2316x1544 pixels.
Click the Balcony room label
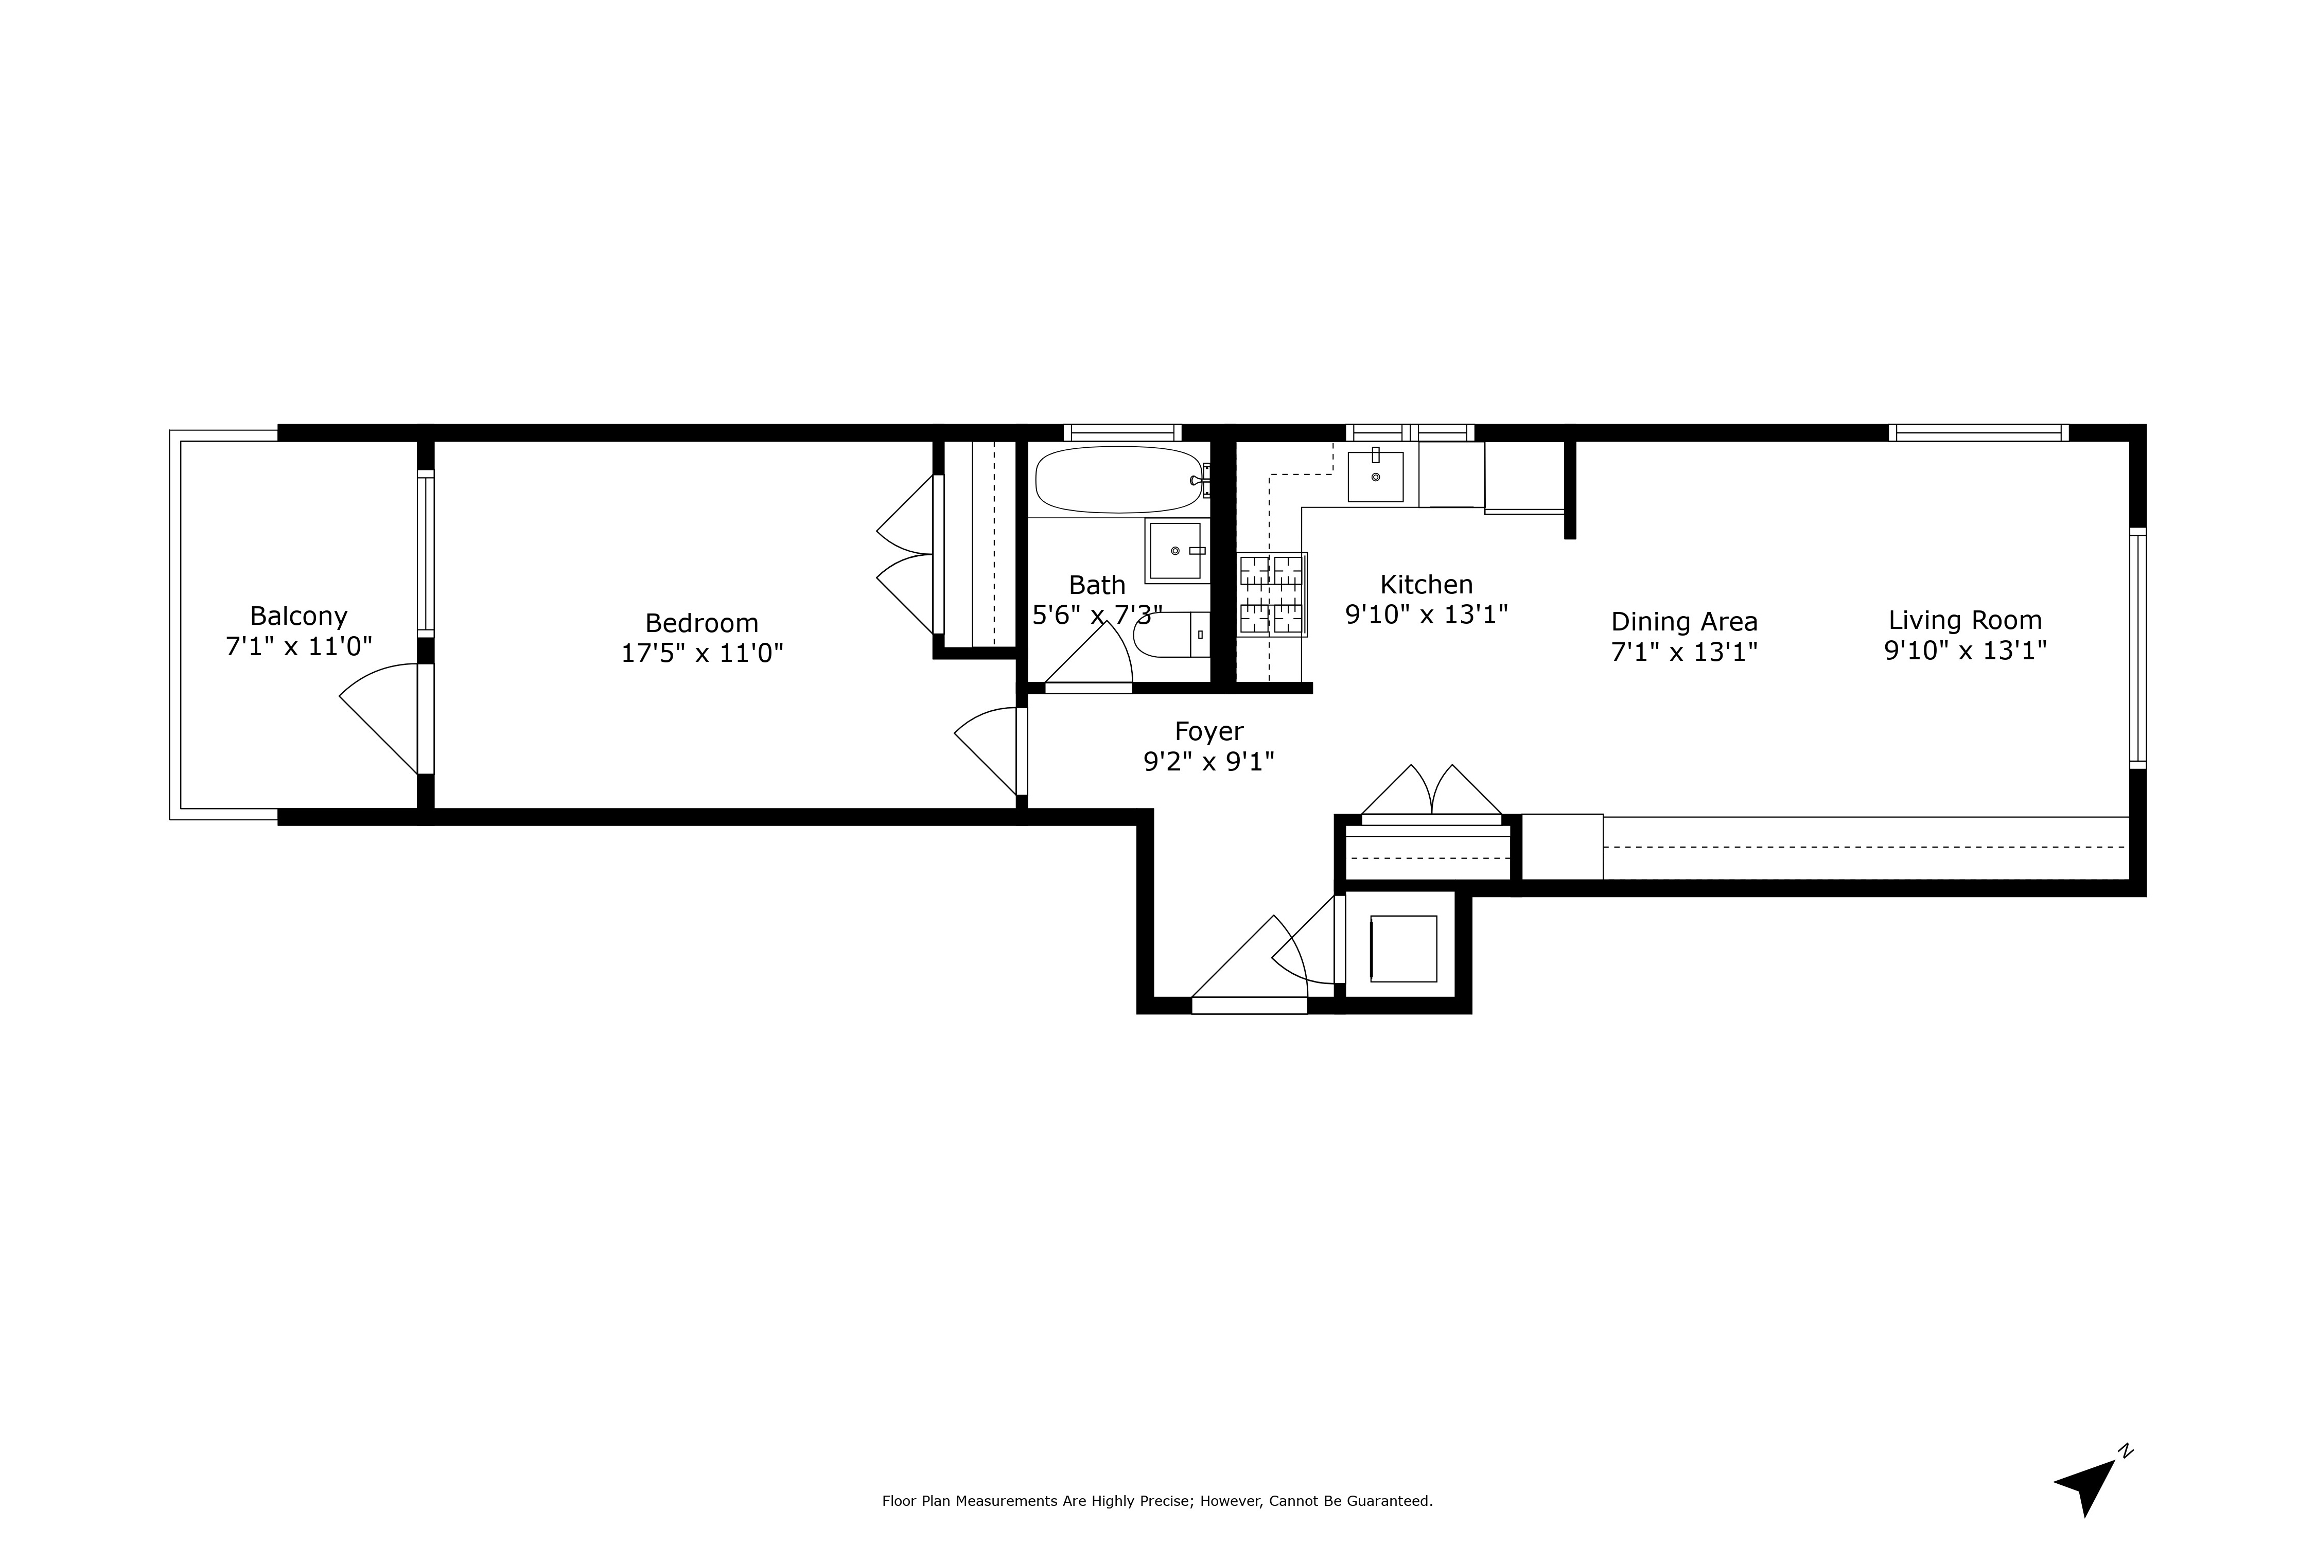[299, 617]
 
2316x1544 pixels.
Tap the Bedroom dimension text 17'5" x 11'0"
[702, 653]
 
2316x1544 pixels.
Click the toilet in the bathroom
[1172, 635]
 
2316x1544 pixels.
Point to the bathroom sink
[1177, 551]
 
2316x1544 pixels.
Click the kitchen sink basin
[1376, 477]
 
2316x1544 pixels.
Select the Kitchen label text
[1427, 585]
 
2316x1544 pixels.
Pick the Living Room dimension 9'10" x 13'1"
[1966, 651]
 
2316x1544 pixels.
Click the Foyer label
[1209, 732]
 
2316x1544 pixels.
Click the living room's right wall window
[2138, 648]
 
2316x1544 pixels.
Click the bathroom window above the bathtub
[1122, 432]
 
